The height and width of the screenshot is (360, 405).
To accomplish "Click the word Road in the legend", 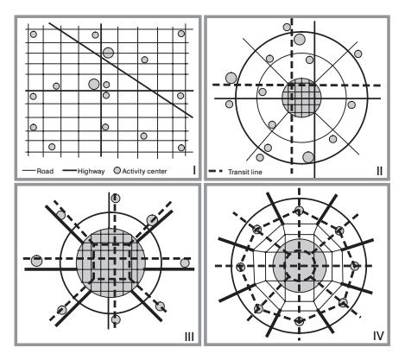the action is coord(45,171).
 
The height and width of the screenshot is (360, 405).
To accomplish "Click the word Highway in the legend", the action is coord(91,171).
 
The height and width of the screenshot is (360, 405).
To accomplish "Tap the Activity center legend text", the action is coord(144,171).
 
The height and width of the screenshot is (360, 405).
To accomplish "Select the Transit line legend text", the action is coord(245,172).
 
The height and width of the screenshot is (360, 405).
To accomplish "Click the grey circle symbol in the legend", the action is coord(117,170).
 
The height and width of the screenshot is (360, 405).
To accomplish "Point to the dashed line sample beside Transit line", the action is coord(216,171).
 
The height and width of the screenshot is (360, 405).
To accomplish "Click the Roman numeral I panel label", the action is coord(194,170).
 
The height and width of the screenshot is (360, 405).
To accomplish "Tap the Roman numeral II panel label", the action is coord(380,171).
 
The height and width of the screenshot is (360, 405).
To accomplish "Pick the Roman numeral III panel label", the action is coord(189,337).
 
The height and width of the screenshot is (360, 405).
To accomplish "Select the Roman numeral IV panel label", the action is coord(378,336).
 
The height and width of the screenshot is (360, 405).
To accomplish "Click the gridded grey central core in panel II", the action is coord(301,98).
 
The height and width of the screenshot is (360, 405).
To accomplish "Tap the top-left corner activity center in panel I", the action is coord(34,35).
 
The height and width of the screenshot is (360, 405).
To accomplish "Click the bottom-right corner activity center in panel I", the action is coord(181,148).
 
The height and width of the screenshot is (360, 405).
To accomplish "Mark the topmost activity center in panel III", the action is coord(116,198).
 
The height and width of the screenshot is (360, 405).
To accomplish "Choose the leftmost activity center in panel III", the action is coord(36,261).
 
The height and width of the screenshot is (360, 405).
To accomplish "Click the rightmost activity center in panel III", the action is coord(185,262).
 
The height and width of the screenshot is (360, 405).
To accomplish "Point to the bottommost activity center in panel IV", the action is coord(300,321).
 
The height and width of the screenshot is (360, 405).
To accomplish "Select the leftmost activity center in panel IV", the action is coord(240,267).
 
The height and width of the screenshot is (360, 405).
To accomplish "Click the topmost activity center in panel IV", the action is coord(300,211).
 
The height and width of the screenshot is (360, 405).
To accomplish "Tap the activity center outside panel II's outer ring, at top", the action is coord(287,27).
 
